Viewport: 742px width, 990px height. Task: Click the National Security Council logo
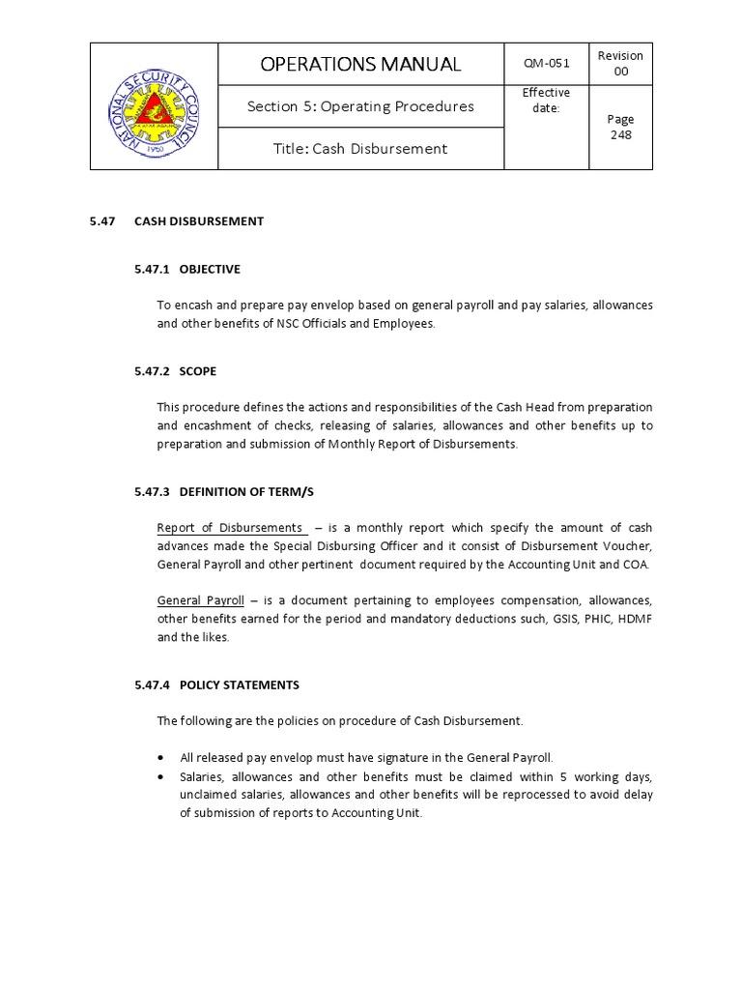[154, 106]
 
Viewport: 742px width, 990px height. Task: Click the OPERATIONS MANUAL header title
[360, 65]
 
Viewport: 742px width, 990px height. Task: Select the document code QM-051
[546, 64]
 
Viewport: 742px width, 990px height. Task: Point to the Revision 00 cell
[620, 64]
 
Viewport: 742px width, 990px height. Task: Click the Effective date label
[546, 101]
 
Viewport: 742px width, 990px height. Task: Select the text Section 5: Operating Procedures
[360, 106]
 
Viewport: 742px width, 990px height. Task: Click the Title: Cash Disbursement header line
[360, 149]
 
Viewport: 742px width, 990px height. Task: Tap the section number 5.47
[102, 221]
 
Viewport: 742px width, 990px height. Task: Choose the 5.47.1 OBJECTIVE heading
[187, 269]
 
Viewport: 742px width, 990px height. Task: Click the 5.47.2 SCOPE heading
[174, 370]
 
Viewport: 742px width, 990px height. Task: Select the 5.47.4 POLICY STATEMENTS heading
[216, 684]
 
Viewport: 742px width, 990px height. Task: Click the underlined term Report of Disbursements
[231, 528]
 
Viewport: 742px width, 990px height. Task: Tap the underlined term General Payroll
[201, 600]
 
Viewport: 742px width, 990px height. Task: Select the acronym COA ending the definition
[637, 565]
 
